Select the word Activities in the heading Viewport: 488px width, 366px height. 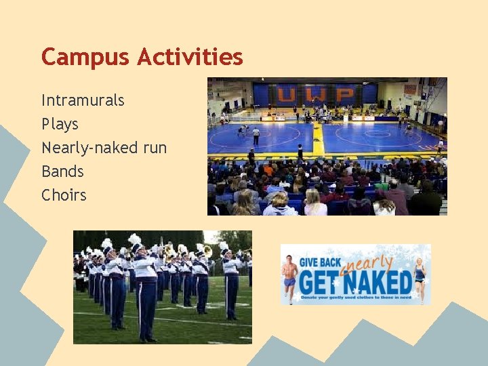click(189, 57)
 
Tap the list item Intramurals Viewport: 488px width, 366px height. click(83, 100)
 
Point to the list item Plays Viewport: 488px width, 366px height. click(60, 124)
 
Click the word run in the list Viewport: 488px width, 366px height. click(152, 148)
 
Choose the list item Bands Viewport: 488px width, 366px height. click(62, 171)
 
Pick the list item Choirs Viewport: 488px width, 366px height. click(64, 195)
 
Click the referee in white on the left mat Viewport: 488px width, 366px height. click(256, 136)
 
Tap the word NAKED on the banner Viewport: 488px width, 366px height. click(383, 282)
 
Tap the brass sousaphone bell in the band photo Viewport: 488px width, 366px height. click(207, 251)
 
